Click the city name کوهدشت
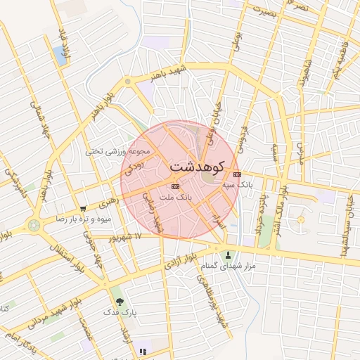[197, 167]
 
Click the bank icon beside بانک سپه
[237, 174]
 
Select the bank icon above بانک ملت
[175, 186]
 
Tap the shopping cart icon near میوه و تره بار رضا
[84, 209]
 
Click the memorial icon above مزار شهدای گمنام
[228, 255]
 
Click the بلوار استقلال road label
[64, 253]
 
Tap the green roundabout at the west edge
[34, 225]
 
